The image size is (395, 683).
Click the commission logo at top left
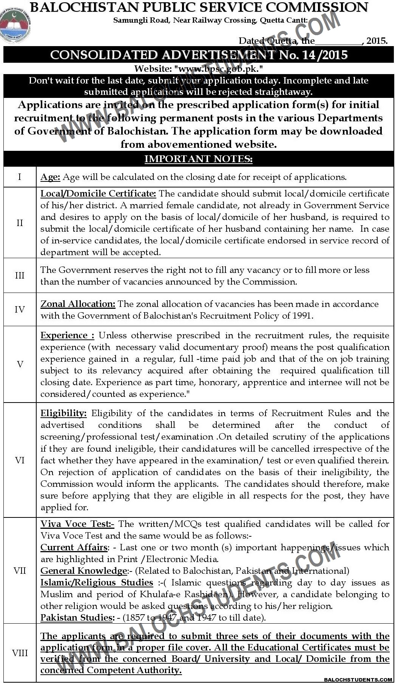pyautogui.click(x=15, y=26)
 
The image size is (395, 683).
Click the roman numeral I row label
pyautogui.click(x=20, y=177)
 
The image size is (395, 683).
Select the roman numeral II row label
pyautogui.click(x=20, y=223)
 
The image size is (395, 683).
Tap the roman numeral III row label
pyautogui.click(x=20, y=276)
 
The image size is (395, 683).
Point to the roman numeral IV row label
pyautogui.click(x=20, y=310)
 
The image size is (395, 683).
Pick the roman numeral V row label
pyautogui.click(x=20, y=364)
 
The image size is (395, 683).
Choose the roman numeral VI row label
pyautogui.click(x=20, y=460)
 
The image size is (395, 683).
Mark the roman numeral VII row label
pyautogui.click(x=20, y=570)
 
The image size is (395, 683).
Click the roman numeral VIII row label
pyautogui.click(x=20, y=653)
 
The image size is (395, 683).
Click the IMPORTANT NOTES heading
pyautogui.click(x=198, y=159)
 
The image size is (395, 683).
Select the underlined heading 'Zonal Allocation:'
pyautogui.click(x=78, y=304)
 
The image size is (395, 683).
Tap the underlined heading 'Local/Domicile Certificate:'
pyautogui.click(x=98, y=194)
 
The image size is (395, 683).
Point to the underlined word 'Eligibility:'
pyautogui.click(x=63, y=413)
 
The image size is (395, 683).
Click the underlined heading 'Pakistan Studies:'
pyautogui.click(x=77, y=618)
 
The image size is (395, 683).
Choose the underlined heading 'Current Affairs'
pyautogui.click(x=74, y=547)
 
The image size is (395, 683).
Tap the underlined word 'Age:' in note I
pyautogui.click(x=50, y=177)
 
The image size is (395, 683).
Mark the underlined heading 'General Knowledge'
pyautogui.click(x=83, y=571)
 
